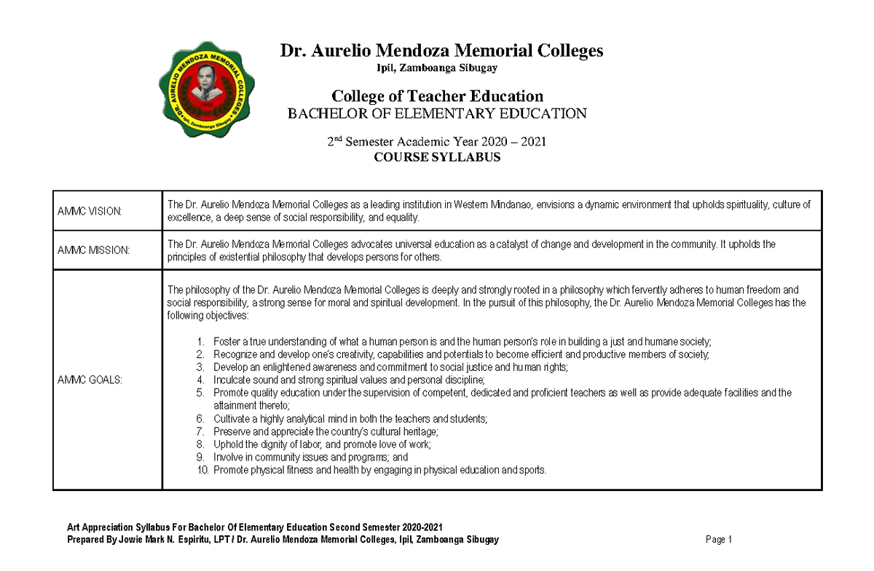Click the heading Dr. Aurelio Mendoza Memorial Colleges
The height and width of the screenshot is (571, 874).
(x=442, y=50)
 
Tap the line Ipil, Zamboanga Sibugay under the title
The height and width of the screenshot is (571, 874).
(x=437, y=68)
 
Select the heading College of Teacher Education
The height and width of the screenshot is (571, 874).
(x=437, y=96)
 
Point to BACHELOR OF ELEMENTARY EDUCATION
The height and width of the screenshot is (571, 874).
(x=437, y=113)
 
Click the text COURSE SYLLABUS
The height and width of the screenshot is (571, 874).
(x=437, y=157)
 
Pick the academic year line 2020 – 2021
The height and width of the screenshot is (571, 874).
(x=437, y=142)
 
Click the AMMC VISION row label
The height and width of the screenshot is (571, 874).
(x=90, y=211)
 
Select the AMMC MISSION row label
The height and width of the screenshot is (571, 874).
(x=93, y=250)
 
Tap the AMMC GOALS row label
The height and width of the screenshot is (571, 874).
(x=90, y=380)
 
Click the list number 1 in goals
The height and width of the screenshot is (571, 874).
(x=201, y=342)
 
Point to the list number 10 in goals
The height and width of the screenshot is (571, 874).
(x=203, y=471)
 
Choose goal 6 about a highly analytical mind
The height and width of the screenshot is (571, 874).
(x=350, y=419)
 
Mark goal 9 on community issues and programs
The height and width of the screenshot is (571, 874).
(x=310, y=458)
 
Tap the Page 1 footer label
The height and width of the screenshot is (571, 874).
(x=718, y=540)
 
